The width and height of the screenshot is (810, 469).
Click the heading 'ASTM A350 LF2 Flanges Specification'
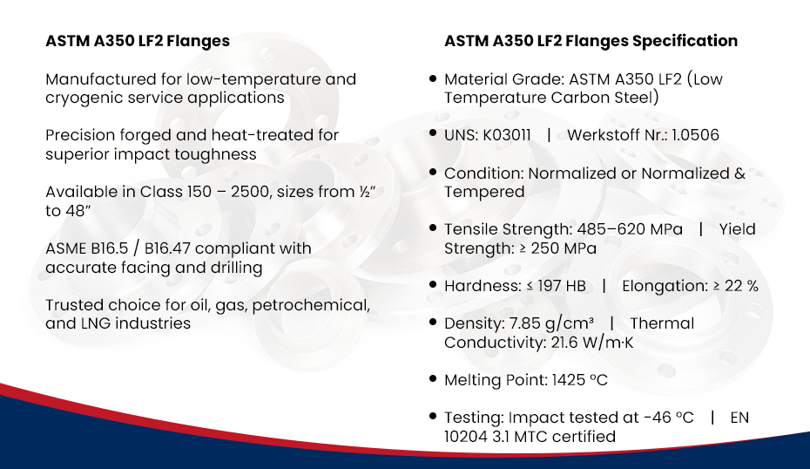(x=591, y=41)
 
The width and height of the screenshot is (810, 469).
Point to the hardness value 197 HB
(x=565, y=286)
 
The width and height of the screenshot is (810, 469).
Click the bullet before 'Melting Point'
(x=433, y=379)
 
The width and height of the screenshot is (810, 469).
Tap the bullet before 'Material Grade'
(x=433, y=78)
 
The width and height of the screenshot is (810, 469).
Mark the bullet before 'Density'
(x=433, y=323)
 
